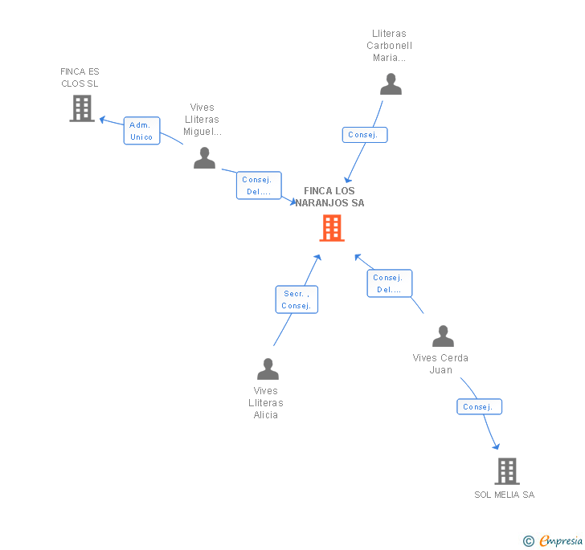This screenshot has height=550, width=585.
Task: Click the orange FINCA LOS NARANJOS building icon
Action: (x=331, y=228)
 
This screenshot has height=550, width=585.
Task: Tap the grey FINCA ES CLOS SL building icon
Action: (x=82, y=108)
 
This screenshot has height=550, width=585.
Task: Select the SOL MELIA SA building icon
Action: (x=506, y=471)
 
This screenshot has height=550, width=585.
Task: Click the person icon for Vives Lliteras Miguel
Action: (x=204, y=158)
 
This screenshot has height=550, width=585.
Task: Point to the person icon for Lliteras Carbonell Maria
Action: (x=391, y=84)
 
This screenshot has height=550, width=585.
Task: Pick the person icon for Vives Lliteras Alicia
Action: (x=268, y=369)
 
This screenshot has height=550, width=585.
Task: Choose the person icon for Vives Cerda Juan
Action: (x=443, y=336)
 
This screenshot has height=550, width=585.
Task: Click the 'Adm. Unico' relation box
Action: (x=141, y=131)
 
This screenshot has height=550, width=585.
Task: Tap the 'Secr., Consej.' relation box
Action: (x=297, y=299)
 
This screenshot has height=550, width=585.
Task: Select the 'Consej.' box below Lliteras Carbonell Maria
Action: (x=364, y=135)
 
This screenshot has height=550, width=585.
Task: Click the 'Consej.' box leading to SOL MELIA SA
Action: (x=479, y=407)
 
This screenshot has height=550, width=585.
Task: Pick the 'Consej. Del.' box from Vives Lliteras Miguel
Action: (x=259, y=185)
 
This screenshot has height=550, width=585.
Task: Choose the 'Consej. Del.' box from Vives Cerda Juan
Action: (x=390, y=283)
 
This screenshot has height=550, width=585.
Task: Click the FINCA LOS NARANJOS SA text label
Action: (x=329, y=197)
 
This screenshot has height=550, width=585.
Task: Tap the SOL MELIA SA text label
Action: (x=504, y=495)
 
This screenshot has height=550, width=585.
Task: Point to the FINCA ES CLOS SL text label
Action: (x=80, y=77)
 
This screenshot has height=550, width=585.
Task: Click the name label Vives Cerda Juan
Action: (x=440, y=364)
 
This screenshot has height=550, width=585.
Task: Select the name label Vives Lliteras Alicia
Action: (x=266, y=403)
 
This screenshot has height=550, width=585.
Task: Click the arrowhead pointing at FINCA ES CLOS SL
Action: (x=101, y=119)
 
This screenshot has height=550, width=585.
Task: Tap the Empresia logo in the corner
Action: (x=553, y=540)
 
